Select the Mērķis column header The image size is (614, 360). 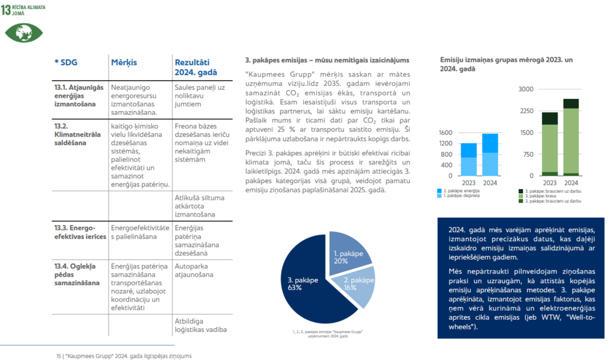pos(124,62)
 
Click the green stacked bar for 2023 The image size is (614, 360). pos(549,143)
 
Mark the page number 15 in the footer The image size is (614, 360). pos(59,355)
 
